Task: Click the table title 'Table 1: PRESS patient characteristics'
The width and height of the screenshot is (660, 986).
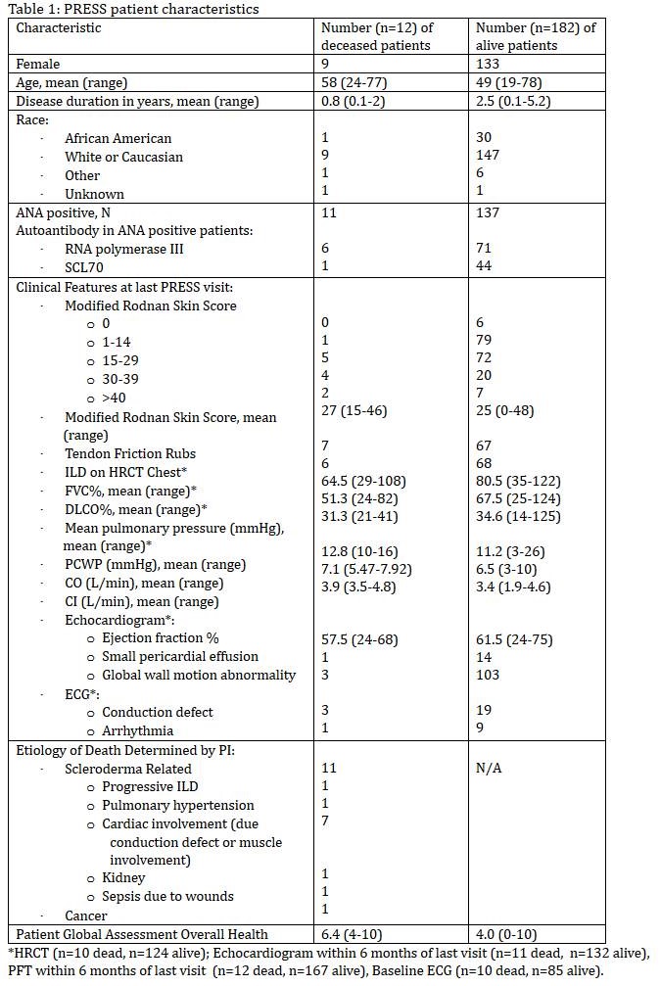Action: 133,9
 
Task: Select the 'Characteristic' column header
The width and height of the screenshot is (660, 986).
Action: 58,27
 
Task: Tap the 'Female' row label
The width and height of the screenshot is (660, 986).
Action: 37,64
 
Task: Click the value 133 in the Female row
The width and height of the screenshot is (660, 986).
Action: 488,64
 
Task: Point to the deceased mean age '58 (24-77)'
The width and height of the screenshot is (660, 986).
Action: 354,82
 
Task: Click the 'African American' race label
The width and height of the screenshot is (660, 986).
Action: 118,138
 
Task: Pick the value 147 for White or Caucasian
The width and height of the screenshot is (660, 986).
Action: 488,156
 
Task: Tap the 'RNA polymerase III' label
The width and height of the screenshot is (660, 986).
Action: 124,249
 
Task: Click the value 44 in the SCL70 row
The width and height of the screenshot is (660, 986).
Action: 484,266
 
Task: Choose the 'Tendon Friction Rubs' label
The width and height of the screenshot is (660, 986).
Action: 130,453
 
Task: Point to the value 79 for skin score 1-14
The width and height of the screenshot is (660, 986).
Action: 484,340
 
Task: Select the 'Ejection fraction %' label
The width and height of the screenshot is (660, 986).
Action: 161,637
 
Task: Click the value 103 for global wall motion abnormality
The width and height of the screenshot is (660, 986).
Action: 488,675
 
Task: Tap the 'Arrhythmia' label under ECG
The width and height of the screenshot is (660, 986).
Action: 138,730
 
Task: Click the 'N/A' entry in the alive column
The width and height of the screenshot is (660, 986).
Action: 490,769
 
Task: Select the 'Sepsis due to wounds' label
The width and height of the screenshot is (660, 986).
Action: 167,896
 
